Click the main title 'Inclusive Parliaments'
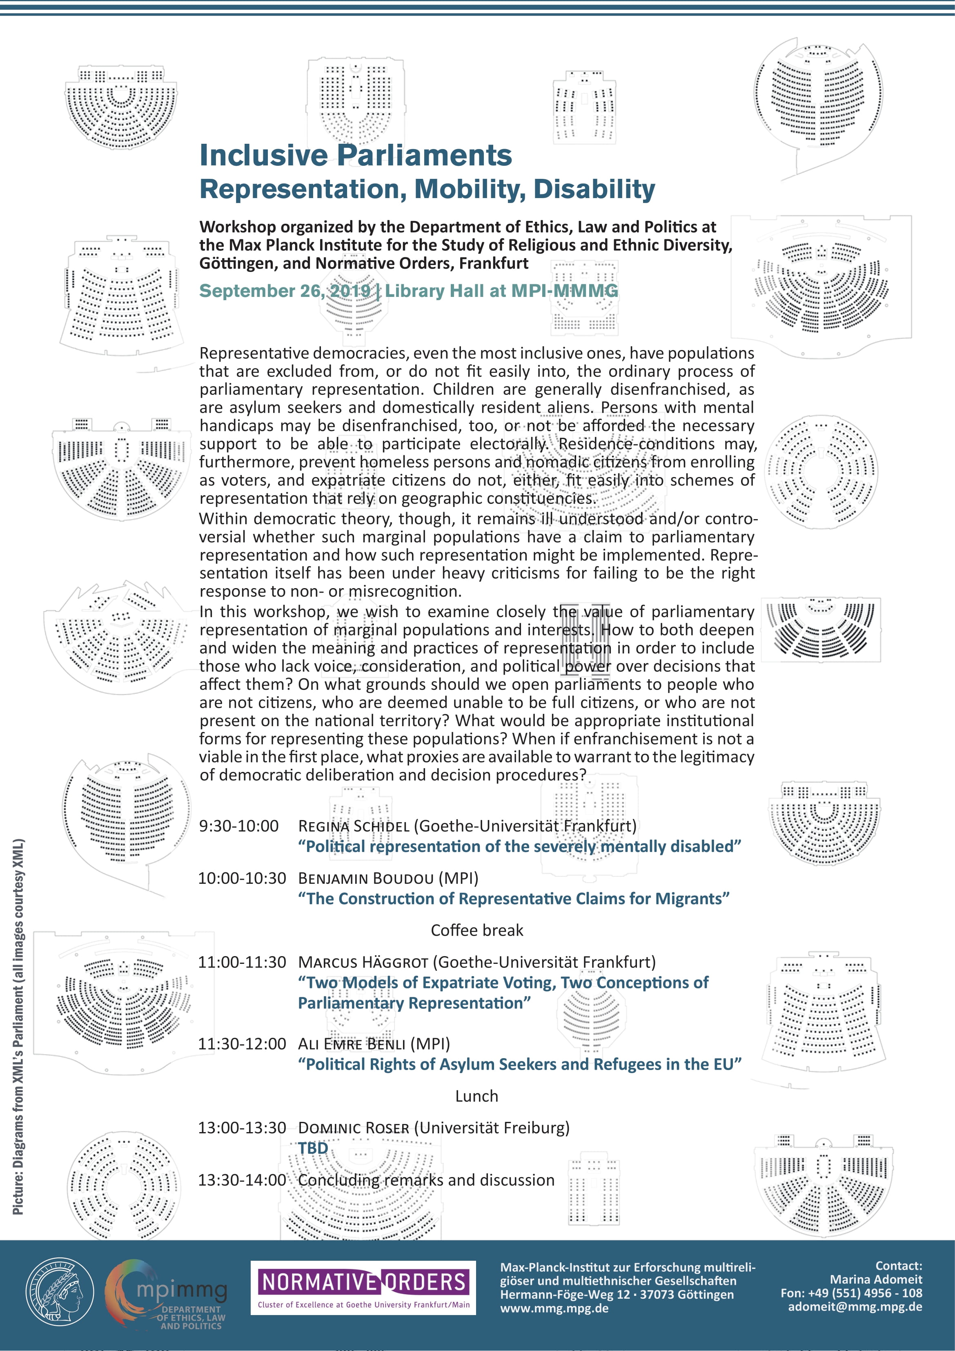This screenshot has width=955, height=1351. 355,155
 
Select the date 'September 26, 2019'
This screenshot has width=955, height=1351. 285,291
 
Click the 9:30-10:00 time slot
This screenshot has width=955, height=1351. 239,826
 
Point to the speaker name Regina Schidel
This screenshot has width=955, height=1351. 354,826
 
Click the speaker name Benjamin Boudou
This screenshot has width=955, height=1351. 365,878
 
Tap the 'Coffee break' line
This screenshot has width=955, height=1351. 476,930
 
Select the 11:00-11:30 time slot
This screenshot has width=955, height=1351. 242,962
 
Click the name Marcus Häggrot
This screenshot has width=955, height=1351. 363,962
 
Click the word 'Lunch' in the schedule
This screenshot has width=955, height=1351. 476,1096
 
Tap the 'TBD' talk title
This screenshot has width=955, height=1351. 312,1148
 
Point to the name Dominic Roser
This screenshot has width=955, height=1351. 354,1128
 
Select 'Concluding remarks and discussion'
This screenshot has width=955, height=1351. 426,1180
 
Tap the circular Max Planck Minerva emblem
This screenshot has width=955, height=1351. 60,1291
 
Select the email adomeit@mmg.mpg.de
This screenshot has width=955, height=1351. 855,1307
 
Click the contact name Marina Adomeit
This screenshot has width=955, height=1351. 875,1279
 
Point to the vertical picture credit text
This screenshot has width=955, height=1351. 19,1027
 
